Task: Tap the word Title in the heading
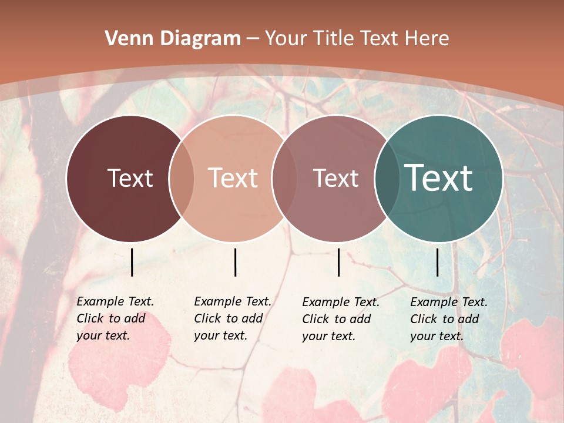(x=333, y=39)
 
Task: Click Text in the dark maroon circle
(x=130, y=178)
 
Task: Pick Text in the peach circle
(x=233, y=178)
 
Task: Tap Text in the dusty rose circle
(x=335, y=178)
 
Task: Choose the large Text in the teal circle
(x=439, y=178)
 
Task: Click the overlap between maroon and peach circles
(x=182, y=178)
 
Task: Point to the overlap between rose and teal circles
(x=387, y=178)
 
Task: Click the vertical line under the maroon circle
(x=132, y=262)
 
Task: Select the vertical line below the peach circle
(x=235, y=262)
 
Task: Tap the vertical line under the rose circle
(x=339, y=262)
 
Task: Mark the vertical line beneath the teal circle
(x=437, y=262)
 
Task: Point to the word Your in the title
(x=286, y=39)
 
